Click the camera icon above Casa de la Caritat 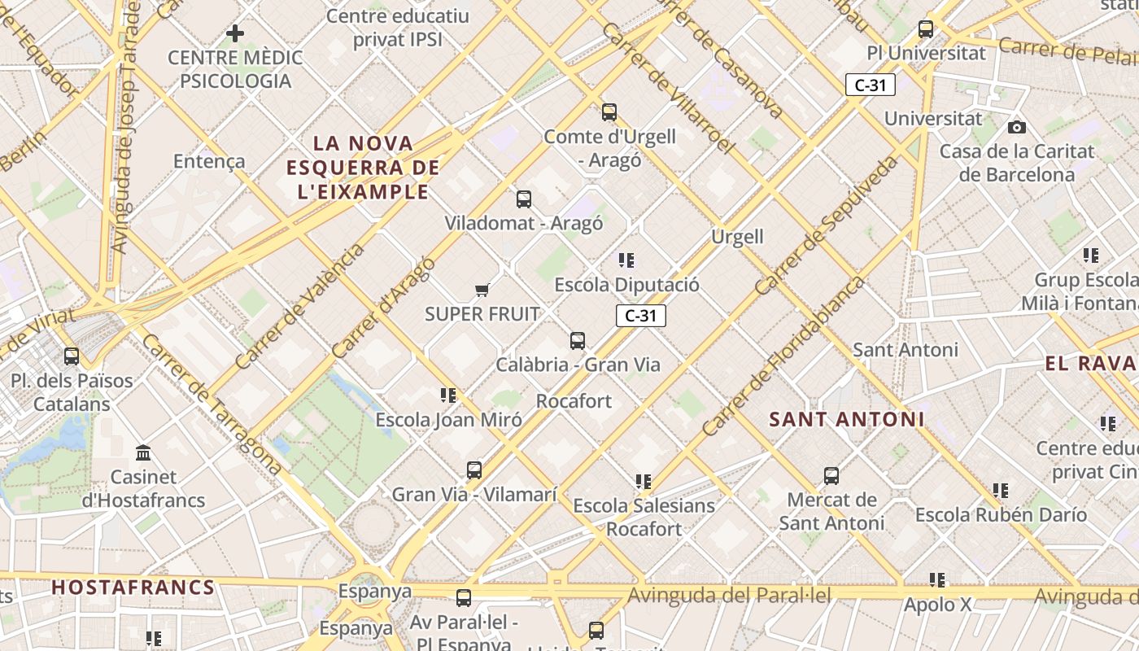(1016, 127)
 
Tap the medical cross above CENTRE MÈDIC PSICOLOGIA (235, 33)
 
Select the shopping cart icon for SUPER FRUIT (482, 290)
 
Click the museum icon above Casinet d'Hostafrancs (144, 452)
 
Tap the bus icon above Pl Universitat (925, 29)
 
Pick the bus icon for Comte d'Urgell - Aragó (609, 112)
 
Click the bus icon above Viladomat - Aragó (524, 199)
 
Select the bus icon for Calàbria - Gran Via (578, 341)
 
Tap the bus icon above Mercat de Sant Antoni (831, 476)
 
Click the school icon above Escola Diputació (626, 260)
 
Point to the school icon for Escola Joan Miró (447, 395)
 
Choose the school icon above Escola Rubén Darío (1000, 491)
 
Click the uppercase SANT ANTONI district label (846, 420)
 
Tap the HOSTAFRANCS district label (133, 588)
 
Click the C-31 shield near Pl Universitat (870, 85)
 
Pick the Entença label (209, 161)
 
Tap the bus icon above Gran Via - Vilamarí (474, 470)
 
